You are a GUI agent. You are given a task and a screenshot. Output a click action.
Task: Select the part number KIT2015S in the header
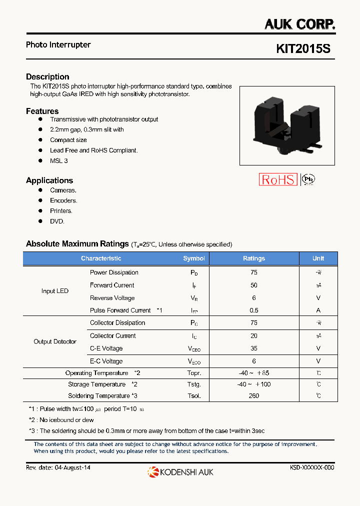[303, 49]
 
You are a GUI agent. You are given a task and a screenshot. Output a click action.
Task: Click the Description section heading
[47, 76]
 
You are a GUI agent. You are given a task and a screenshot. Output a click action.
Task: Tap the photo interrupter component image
[287, 125]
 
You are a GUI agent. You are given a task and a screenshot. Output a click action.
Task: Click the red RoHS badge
[278, 180]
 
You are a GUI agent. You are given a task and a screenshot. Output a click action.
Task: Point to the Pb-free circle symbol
[309, 179]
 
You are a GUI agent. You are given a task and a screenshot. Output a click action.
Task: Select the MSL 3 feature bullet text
[58, 160]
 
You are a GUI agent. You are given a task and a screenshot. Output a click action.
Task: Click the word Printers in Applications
[61, 211]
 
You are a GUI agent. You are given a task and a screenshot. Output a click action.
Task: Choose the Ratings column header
[254, 258]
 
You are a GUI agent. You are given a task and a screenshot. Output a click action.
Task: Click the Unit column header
[318, 258]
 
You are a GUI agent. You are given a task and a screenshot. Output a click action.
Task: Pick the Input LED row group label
[55, 291]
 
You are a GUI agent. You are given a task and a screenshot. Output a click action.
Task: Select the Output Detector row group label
[55, 342]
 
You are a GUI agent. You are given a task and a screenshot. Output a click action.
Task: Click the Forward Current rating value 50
[254, 285]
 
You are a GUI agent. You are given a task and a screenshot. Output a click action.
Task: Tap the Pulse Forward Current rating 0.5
[254, 310]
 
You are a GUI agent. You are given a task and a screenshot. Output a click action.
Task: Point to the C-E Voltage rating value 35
[254, 348]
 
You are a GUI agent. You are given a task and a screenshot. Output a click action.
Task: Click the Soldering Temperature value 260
[254, 396]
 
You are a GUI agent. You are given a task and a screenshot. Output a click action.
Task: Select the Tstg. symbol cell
[194, 384]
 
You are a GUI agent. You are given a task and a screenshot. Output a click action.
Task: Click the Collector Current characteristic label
[113, 336]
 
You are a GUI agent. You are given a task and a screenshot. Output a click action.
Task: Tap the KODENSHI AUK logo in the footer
[180, 471]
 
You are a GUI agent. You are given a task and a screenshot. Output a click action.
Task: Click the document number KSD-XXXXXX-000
[312, 467]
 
